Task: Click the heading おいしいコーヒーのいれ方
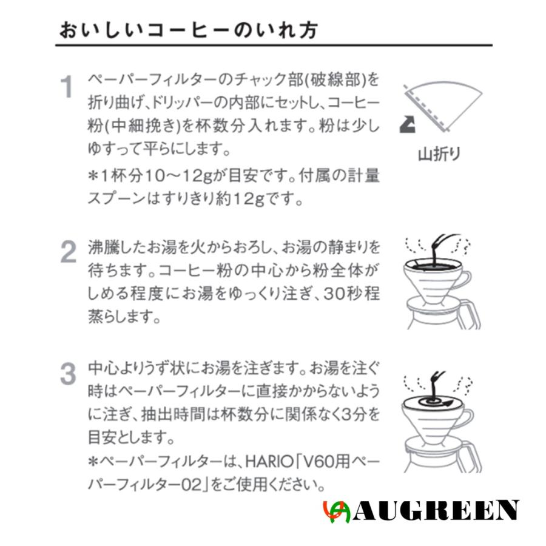click(x=188, y=30)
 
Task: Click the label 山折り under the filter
click(x=439, y=153)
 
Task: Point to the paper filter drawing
click(x=446, y=103)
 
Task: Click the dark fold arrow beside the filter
click(x=406, y=126)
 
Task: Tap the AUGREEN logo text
click(x=436, y=510)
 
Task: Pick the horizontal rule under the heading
click(x=273, y=45)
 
